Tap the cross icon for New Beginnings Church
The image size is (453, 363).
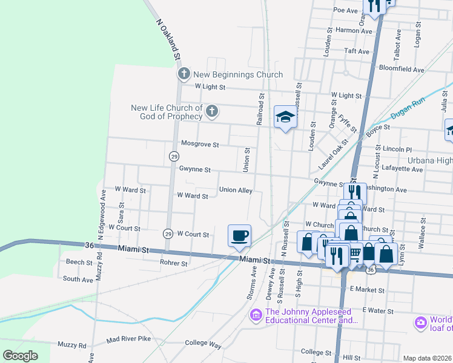184,74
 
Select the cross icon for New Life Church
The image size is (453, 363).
211,111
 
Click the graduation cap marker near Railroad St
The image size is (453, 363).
285,117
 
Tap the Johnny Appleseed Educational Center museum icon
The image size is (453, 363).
256,315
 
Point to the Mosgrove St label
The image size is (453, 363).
200,144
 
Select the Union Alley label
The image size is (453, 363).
236,189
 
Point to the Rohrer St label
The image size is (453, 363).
174,263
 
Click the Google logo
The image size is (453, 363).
20,356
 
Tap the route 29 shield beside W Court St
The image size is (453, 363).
168,233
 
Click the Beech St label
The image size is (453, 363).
79,263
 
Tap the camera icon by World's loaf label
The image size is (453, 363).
420,322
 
